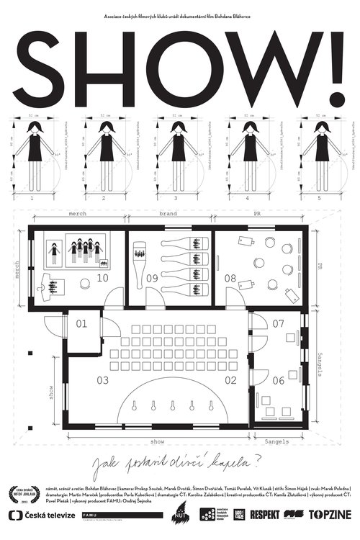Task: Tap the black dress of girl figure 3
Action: click(x=176, y=150)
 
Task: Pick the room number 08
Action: click(x=230, y=278)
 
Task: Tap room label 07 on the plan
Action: click(x=279, y=323)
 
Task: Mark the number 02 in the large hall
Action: click(x=230, y=379)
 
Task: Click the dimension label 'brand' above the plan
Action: click(x=168, y=215)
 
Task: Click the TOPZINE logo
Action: click(x=327, y=514)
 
